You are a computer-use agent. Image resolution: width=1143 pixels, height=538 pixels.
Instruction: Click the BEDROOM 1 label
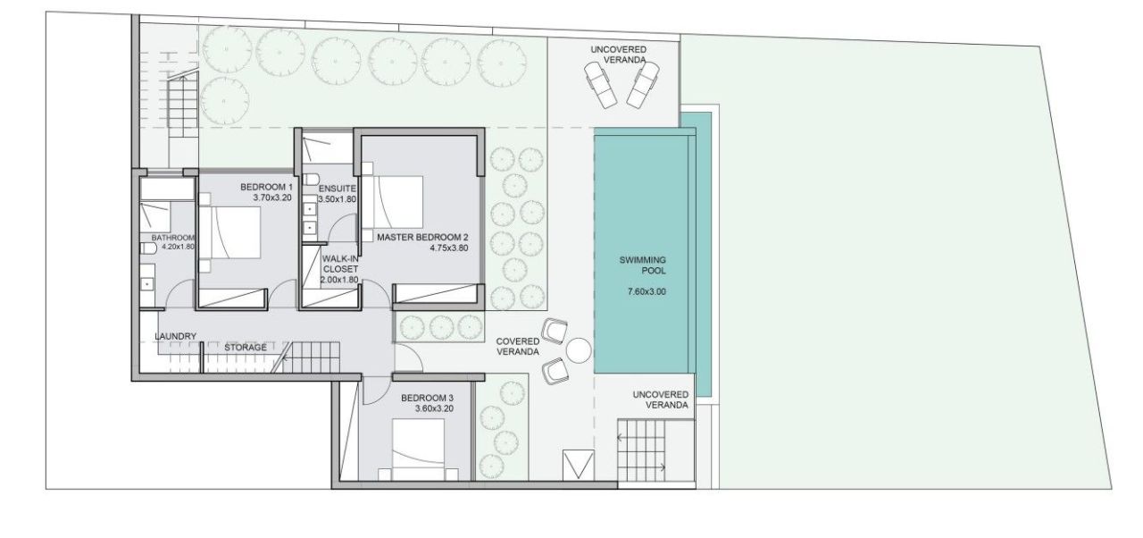point(266,187)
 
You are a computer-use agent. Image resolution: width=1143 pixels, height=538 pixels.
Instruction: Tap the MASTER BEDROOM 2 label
point(422,238)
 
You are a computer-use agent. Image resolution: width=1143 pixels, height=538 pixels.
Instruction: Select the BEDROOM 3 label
point(427,398)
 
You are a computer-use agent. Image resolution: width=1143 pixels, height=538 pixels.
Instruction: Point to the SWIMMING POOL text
point(643,265)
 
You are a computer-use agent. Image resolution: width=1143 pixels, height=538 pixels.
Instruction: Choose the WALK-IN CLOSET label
point(339,263)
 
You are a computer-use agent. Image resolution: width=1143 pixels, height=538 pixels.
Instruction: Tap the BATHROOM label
point(172,238)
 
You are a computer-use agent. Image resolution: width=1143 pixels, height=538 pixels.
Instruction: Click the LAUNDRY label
point(175,336)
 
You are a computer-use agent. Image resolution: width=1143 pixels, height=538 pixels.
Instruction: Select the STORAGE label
point(245,347)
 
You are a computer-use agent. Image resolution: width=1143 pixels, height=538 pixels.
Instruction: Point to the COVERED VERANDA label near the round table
point(518,347)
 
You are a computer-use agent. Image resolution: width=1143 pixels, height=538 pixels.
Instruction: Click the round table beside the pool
point(579,350)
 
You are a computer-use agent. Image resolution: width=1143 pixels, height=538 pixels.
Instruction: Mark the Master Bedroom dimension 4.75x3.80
point(449,248)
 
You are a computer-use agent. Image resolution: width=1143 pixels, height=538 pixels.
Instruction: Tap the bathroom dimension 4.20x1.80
point(172,247)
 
